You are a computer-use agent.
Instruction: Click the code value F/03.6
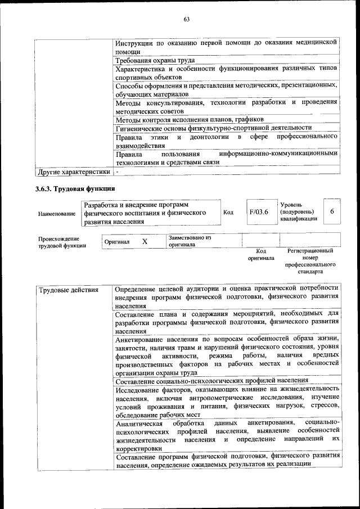tap(259, 211)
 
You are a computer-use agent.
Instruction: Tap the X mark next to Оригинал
tap(145, 241)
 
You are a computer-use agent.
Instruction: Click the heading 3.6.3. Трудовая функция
tap(75, 188)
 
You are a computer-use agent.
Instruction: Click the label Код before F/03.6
tap(228, 212)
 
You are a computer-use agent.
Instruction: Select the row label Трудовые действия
tap(67, 291)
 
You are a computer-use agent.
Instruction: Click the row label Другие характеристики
tap(73, 171)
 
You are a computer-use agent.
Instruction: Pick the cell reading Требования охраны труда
tap(155, 60)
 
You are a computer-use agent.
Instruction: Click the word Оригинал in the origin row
tap(117, 242)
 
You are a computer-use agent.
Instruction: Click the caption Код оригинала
tap(261, 255)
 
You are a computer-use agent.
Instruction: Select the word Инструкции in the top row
tap(134, 43)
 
